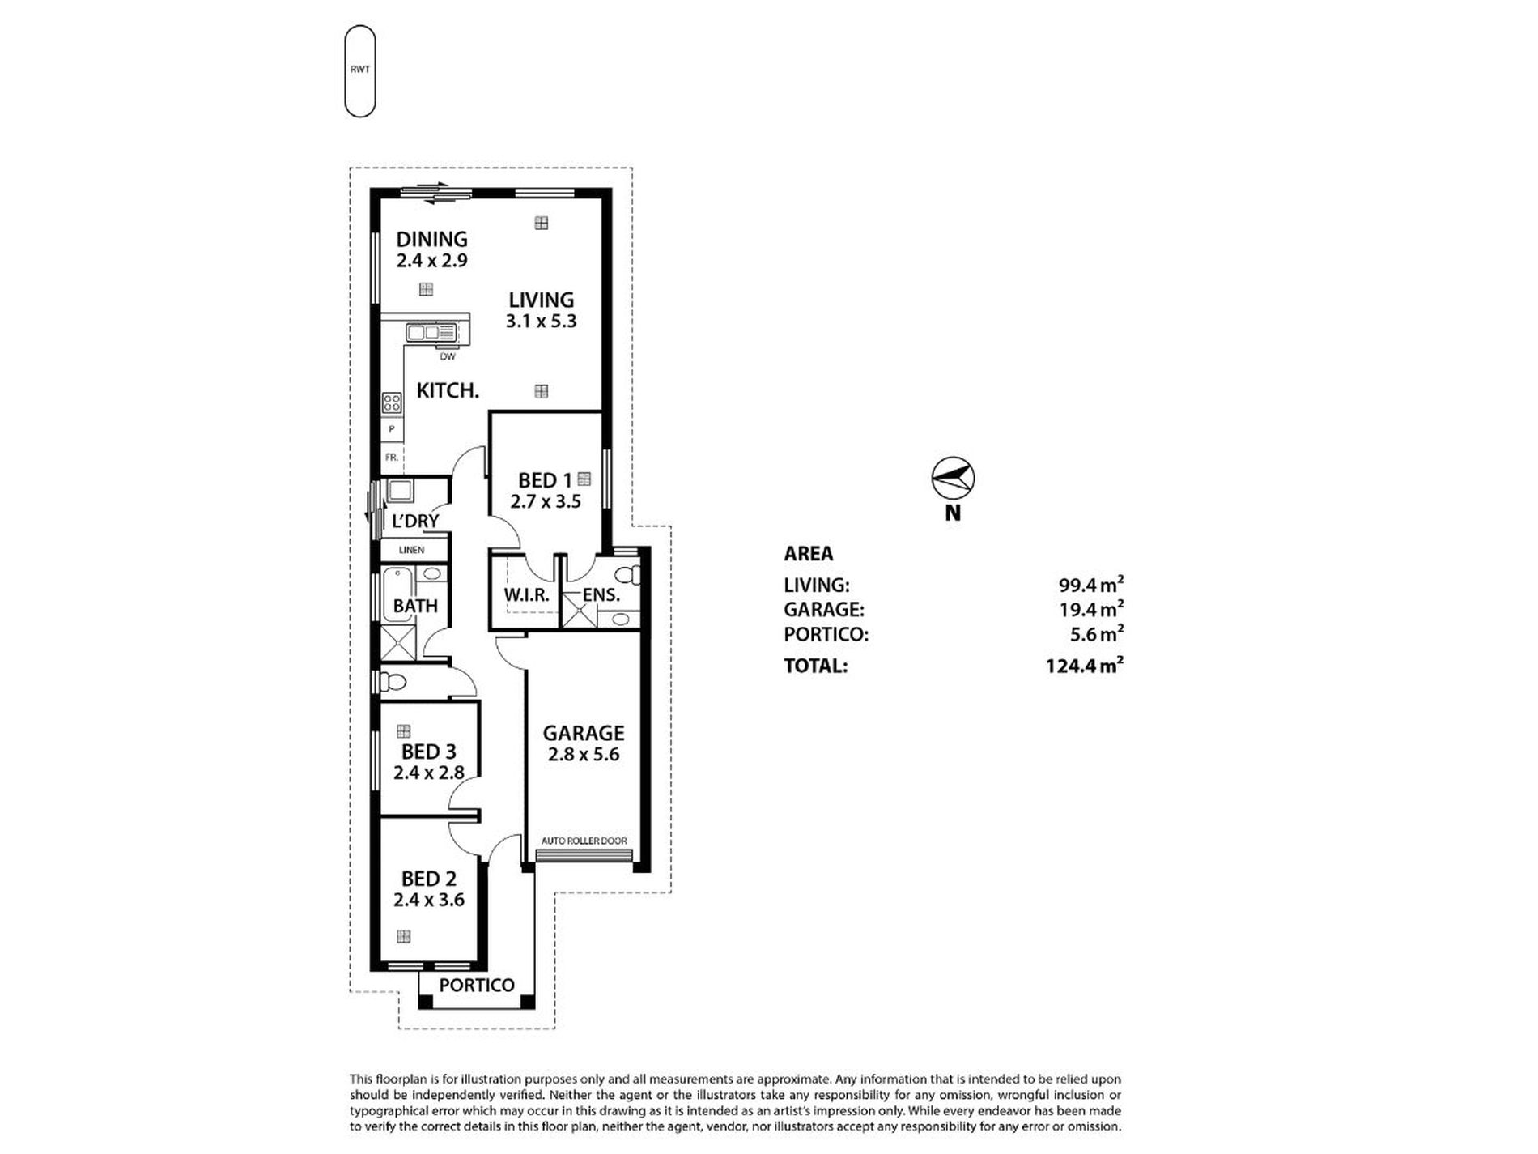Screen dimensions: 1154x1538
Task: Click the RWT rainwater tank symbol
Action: [360, 70]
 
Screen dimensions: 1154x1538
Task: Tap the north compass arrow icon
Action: [953, 478]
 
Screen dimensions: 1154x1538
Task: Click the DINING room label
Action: [431, 239]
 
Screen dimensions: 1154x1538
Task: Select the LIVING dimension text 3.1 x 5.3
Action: [541, 321]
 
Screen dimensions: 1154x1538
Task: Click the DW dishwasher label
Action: [447, 356]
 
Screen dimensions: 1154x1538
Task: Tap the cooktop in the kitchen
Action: [392, 402]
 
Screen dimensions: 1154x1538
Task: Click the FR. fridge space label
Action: [392, 458]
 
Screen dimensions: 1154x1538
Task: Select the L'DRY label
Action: [415, 521]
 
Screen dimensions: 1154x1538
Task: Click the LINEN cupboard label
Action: [411, 551]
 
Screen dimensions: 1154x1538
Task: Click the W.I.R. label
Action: [526, 595]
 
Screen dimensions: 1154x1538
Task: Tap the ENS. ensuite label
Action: [601, 595]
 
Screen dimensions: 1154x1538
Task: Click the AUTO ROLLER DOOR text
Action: [584, 841]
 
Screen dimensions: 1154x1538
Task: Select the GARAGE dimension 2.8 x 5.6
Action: [583, 755]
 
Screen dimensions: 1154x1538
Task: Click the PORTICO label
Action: [477, 986]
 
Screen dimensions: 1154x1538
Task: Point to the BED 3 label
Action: [428, 752]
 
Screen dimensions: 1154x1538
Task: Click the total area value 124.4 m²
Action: [1084, 666]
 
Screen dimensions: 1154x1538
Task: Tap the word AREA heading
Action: [808, 554]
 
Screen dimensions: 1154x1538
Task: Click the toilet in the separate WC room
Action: [393, 681]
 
